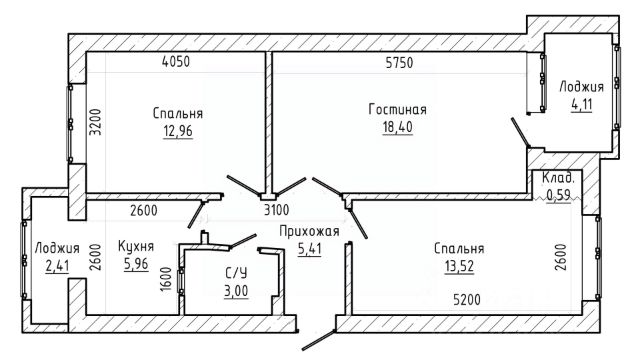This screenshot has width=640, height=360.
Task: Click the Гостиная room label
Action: (x=397, y=109)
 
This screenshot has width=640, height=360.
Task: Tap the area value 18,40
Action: (x=397, y=127)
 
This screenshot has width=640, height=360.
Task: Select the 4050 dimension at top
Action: (x=176, y=62)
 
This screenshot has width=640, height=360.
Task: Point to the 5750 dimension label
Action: (x=399, y=62)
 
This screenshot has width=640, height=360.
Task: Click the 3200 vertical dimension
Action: (x=95, y=122)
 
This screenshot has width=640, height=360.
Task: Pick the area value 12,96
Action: (x=178, y=131)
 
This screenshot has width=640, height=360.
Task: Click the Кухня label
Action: (x=136, y=246)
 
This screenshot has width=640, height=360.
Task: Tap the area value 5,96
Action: (x=136, y=264)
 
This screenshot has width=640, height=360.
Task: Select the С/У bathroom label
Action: (x=236, y=273)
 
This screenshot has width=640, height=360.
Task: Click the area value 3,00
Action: (x=236, y=291)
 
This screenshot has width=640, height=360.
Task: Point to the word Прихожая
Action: (x=309, y=231)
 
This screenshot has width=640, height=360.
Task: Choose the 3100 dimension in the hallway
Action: (x=276, y=210)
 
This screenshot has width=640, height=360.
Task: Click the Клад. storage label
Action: (x=558, y=178)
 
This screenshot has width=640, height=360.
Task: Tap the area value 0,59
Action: (x=558, y=195)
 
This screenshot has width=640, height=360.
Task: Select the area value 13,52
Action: (x=459, y=267)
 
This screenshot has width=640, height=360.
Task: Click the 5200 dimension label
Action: (x=467, y=300)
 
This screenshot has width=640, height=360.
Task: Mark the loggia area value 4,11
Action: (x=581, y=105)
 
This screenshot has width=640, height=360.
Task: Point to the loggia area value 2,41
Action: (x=57, y=266)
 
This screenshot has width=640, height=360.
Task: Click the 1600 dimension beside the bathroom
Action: (x=165, y=279)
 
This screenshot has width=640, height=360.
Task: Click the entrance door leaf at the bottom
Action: (x=319, y=340)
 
